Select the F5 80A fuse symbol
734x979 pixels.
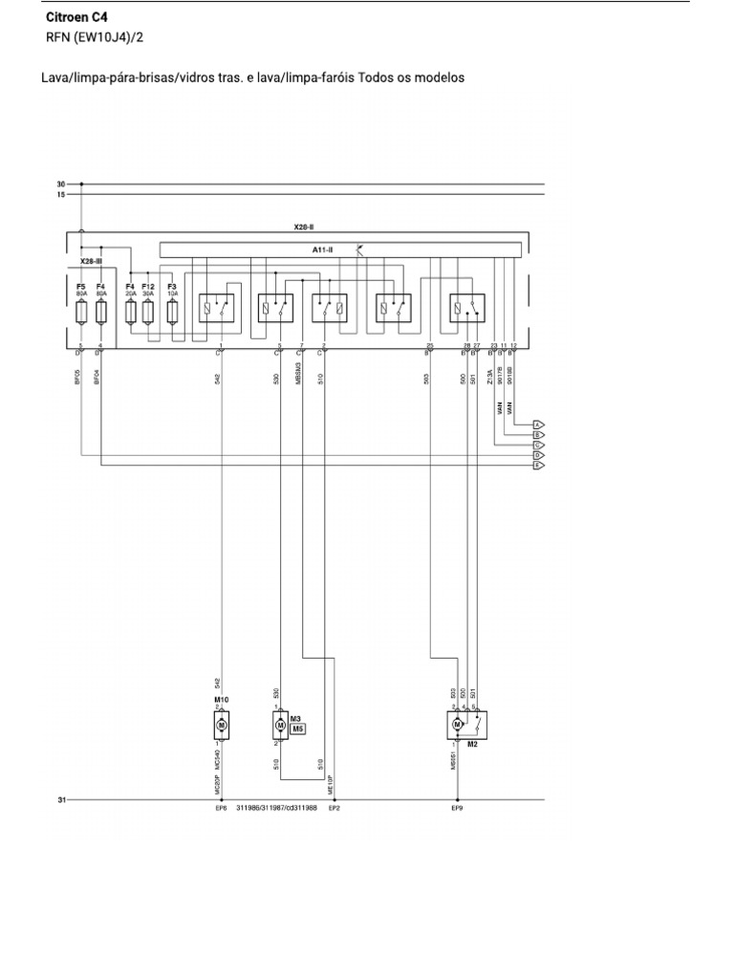81,312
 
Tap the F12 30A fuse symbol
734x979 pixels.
148,312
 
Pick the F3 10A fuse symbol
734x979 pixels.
172,312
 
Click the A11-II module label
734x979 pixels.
322,250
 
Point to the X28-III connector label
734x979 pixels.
90,260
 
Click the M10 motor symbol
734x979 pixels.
222,727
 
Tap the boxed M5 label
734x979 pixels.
297,729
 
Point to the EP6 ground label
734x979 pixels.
222,809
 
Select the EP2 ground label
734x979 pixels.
334,809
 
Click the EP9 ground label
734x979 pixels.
457,809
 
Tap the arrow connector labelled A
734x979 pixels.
538,424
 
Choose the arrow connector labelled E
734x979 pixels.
538,466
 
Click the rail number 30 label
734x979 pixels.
61,184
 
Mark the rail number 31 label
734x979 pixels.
61,799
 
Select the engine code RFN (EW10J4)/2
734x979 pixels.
96,38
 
